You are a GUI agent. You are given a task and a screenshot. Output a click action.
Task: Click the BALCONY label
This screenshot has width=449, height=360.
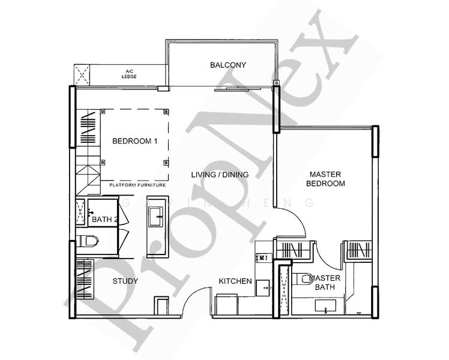click(x=228, y=65)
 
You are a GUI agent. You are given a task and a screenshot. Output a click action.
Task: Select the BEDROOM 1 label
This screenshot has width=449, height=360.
click(x=134, y=142)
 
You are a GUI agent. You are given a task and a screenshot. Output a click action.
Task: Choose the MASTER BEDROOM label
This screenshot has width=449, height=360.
click(x=325, y=179)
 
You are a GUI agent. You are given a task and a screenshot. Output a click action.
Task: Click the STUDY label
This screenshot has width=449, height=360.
click(x=125, y=281)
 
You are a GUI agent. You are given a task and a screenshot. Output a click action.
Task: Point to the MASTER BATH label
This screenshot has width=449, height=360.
click(x=325, y=283)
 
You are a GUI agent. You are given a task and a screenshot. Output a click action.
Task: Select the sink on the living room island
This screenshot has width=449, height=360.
click(x=157, y=214)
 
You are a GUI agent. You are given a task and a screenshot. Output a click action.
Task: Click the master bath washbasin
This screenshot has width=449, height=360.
click(x=325, y=307)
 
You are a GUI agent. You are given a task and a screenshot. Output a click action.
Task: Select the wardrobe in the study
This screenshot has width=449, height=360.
click(x=84, y=279)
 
